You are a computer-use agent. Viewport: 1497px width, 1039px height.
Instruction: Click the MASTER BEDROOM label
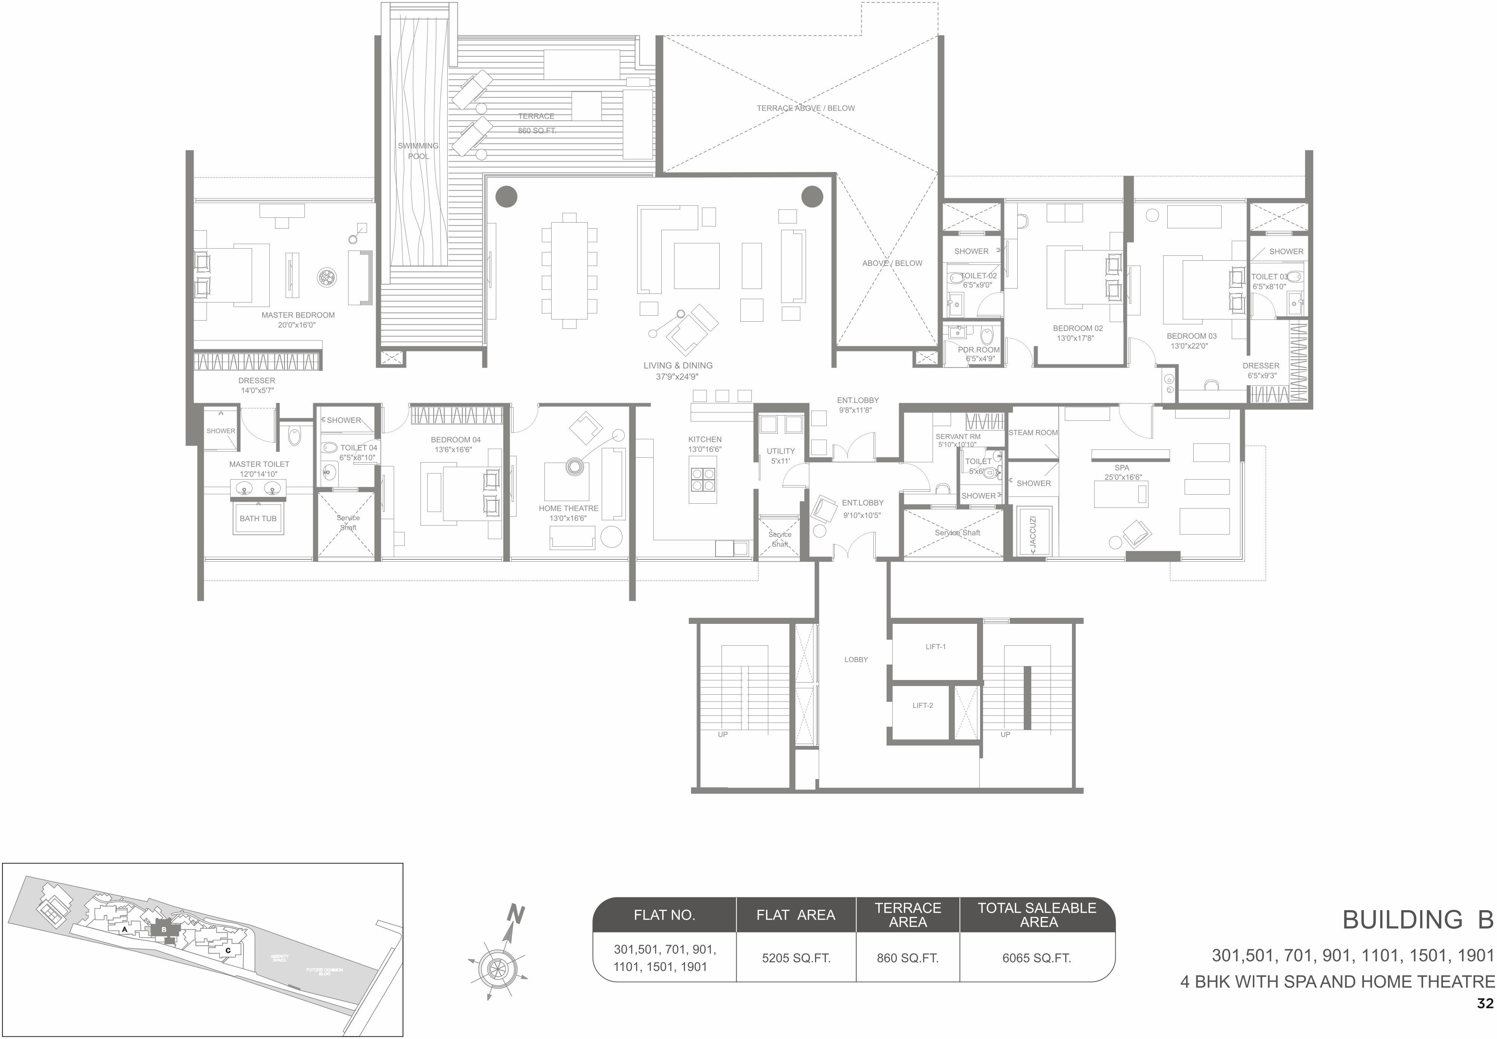pyautogui.click(x=298, y=315)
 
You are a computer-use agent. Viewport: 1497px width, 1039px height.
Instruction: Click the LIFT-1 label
pyautogui.click(x=935, y=646)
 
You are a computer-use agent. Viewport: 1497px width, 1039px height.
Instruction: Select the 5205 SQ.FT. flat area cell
pyautogui.click(x=796, y=958)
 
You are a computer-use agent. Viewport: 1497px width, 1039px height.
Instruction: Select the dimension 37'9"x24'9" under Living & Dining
pyautogui.click(x=677, y=376)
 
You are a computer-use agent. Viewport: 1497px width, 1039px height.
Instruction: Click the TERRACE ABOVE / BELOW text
pyautogui.click(x=806, y=108)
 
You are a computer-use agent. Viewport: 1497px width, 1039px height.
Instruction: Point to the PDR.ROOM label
pyautogui.click(x=978, y=350)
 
